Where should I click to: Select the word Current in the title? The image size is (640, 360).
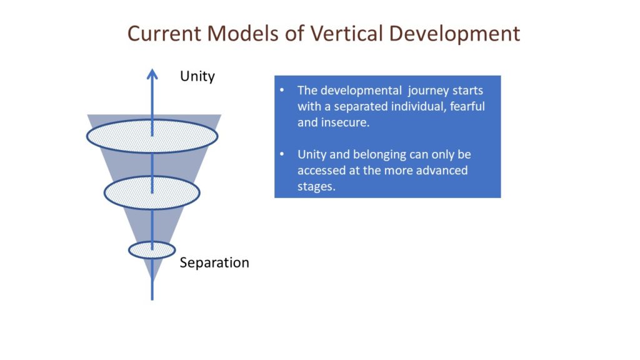click(x=164, y=33)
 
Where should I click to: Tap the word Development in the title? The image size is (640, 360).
click(x=454, y=34)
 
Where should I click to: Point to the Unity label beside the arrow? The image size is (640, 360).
click(x=197, y=77)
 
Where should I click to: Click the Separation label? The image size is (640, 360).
click(x=214, y=262)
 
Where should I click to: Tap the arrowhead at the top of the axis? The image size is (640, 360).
click(x=152, y=74)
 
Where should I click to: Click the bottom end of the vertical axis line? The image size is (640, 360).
click(x=152, y=300)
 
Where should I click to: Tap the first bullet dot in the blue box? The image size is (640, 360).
click(x=282, y=90)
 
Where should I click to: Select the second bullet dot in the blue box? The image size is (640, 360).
click(x=282, y=154)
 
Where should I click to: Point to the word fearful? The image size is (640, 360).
click(x=467, y=106)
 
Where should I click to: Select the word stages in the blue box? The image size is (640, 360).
click(x=316, y=187)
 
